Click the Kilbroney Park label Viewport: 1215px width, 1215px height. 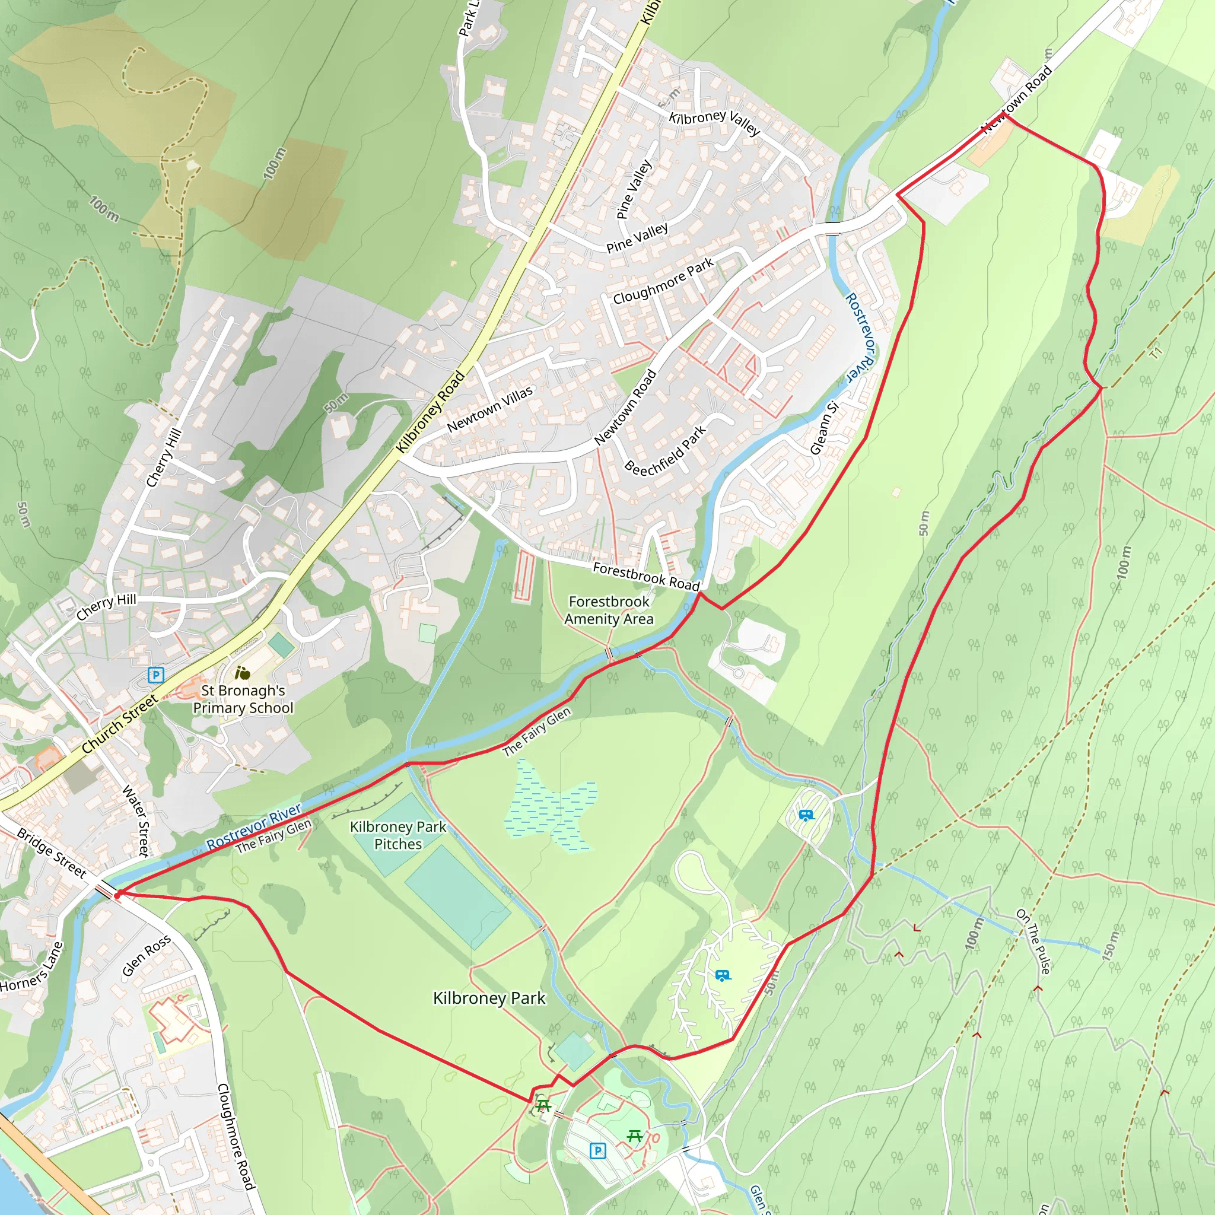tap(489, 998)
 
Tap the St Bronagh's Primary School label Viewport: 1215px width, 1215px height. tap(243, 699)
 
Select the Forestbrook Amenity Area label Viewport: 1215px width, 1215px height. tap(608, 610)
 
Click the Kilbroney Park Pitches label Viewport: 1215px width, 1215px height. tap(397, 835)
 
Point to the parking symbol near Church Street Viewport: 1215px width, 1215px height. tap(155, 675)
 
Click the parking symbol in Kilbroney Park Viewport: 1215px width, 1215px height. tap(597, 1151)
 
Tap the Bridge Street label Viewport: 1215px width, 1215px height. tap(51, 853)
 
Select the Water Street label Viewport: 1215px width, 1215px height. tap(136, 820)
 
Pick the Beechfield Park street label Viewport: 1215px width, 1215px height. tap(666, 450)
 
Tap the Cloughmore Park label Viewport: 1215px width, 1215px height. tap(663, 281)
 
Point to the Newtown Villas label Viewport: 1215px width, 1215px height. tap(489, 409)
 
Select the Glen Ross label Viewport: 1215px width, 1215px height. tap(146, 956)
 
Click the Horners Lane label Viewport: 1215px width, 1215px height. tap(31, 966)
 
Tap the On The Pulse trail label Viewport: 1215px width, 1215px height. tap(1033, 942)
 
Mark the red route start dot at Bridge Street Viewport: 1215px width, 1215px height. tap(117, 894)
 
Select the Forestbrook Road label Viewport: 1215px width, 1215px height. tap(647, 576)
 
